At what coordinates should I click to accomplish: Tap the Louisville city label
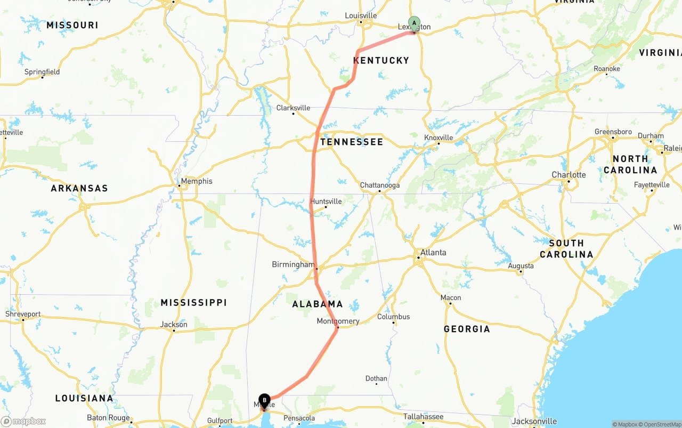361,15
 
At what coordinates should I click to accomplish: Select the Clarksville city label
293,108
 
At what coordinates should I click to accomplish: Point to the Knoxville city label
439,138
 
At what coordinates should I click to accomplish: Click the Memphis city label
196,181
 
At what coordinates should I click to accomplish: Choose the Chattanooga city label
380,185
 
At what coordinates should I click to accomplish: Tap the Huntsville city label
326,201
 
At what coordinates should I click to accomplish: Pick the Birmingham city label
293,264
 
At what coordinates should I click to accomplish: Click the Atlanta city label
433,252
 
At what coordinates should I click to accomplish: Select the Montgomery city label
338,321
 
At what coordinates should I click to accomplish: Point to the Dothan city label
376,378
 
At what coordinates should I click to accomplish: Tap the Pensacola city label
299,418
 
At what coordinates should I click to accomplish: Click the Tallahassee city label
423,416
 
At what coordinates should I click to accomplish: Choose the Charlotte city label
569,175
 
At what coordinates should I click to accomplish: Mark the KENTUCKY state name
381,60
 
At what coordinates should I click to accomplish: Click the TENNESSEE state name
352,142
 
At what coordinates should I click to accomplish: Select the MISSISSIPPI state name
194,302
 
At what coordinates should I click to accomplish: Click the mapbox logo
24,421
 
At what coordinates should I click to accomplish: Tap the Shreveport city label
23,314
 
